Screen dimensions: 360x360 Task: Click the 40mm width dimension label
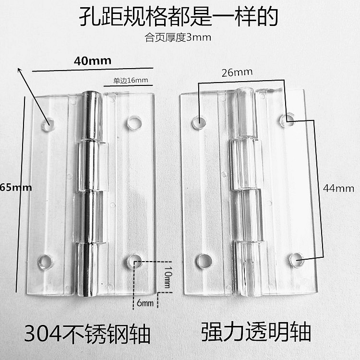pyautogui.click(x=93, y=60)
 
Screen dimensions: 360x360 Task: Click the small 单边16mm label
pyautogui.click(x=131, y=81)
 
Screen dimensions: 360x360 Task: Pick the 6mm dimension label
pyautogui.click(x=144, y=303)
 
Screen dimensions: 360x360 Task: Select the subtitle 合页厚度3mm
pyautogui.click(x=178, y=37)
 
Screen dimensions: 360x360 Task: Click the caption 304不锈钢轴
pyautogui.click(x=87, y=333)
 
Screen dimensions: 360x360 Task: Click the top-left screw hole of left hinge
pyautogui.click(x=48, y=125)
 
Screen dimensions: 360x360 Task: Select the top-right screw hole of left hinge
pyautogui.click(x=134, y=123)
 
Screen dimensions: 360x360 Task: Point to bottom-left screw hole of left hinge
pyautogui.click(x=46, y=262)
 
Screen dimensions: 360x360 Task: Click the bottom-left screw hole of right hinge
pyautogui.click(x=204, y=261)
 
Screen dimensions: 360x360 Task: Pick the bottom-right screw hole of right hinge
pyautogui.click(x=296, y=260)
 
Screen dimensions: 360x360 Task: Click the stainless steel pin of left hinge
pyautogui.click(x=90, y=192)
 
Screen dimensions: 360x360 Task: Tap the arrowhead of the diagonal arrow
pyautogui.click(x=20, y=70)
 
